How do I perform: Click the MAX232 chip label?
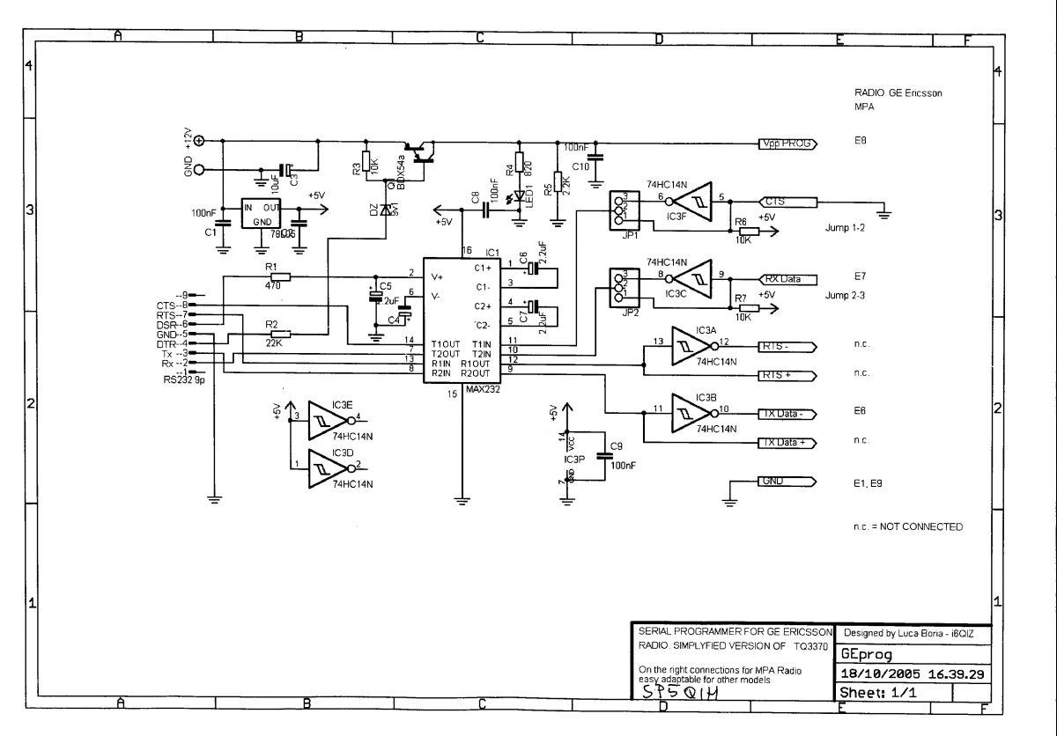point(484,388)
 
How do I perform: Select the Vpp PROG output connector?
point(788,144)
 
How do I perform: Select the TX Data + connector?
point(787,442)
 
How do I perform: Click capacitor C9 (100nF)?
point(604,455)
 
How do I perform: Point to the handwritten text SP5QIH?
point(681,694)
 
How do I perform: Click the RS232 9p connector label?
point(182,380)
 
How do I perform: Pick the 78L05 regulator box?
point(262,215)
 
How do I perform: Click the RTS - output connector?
point(787,346)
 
